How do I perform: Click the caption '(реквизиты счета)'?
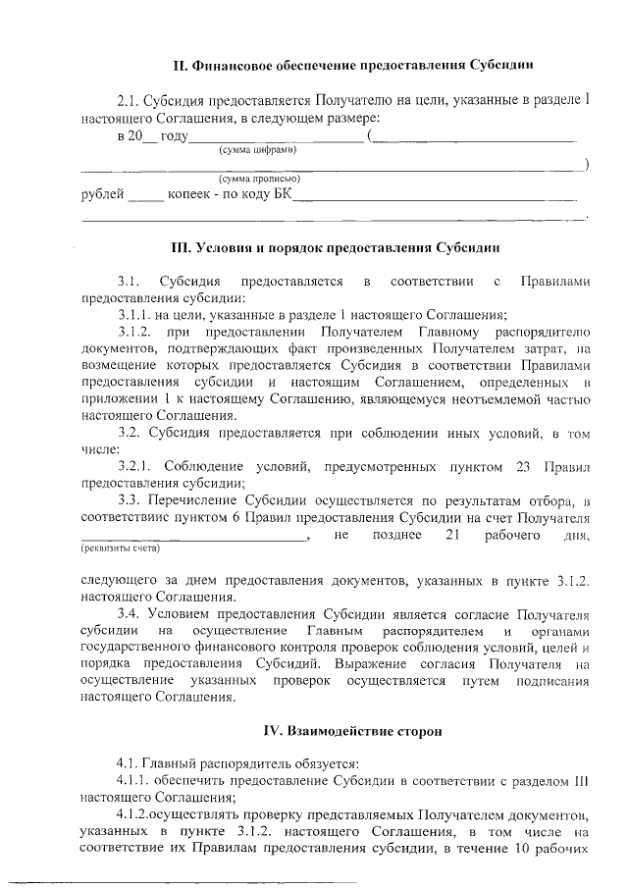[x=120, y=548]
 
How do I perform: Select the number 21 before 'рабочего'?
[x=452, y=535]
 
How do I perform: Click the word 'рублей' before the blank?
[x=102, y=194]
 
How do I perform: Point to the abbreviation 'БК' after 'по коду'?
[x=282, y=194]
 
